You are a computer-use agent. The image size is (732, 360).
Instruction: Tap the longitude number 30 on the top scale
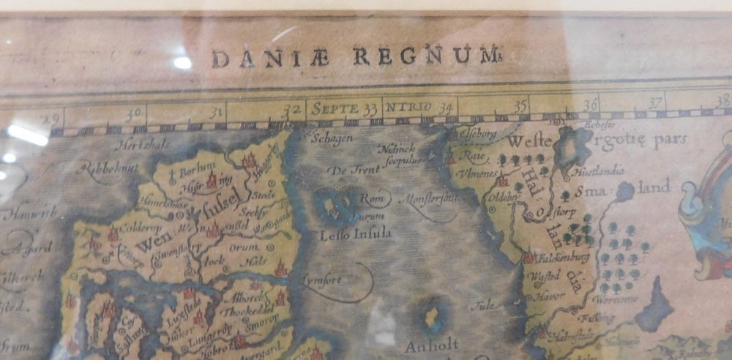coord(132,114)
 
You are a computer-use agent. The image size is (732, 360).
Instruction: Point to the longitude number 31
coord(215,113)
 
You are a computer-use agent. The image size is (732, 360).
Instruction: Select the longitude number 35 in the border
coord(520,106)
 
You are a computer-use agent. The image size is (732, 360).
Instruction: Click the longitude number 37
coord(655,102)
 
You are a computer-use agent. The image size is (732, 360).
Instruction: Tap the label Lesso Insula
coord(356,234)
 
